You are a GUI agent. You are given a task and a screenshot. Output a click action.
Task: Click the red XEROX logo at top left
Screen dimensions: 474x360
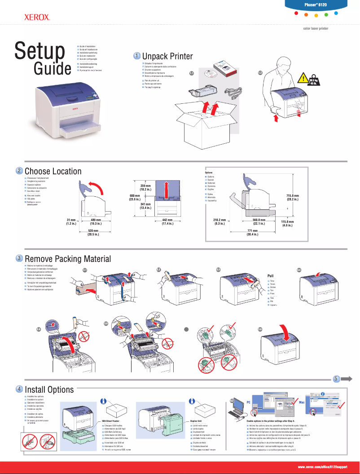[x=36, y=18]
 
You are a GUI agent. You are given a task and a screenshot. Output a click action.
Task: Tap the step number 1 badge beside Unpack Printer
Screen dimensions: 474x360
[x=136, y=56]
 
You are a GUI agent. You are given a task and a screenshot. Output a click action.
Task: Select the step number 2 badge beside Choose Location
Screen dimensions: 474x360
[x=19, y=171]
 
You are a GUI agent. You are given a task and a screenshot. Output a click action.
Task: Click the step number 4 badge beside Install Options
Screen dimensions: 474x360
[x=19, y=388]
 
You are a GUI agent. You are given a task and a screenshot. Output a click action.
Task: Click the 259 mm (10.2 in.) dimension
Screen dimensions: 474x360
[x=145, y=188]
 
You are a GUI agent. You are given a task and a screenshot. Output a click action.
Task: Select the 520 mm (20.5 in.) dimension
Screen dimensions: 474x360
[x=93, y=232]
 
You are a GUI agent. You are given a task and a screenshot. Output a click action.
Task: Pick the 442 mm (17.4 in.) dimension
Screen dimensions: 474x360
[x=167, y=221]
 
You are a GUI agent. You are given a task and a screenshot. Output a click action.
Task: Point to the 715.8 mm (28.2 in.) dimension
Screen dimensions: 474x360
[x=293, y=198]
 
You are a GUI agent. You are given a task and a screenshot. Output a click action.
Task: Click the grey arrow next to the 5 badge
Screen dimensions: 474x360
[x=346, y=379]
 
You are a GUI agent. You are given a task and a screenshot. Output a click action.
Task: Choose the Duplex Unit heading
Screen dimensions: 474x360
[x=199, y=421]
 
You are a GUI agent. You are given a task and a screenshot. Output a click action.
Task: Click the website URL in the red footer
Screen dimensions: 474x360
[x=323, y=467]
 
